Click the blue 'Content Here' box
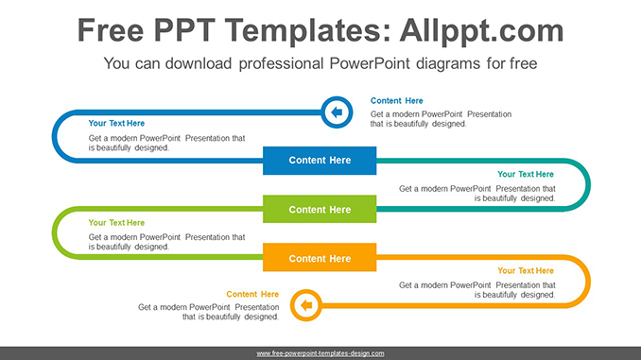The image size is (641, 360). click(320, 161)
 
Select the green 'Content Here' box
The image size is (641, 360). click(320, 210)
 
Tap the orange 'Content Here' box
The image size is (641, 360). click(320, 259)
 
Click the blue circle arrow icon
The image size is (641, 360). click(336, 112)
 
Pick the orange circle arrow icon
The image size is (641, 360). click(304, 305)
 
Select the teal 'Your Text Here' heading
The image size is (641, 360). click(526, 174)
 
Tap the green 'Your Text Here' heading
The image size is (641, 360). click(116, 223)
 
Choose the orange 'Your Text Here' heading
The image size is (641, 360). click(526, 271)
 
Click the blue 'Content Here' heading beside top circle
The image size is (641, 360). click(396, 101)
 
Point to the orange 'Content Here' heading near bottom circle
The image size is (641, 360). click(252, 294)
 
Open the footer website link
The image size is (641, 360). click(320, 353)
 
